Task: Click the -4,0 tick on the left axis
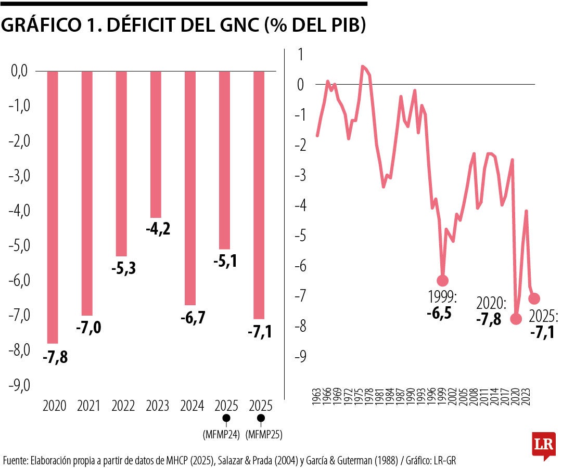pyautogui.click(x=20, y=211)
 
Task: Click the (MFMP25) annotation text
pyautogui.click(x=261, y=435)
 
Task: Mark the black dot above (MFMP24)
pyautogui.click(x=225, y=418)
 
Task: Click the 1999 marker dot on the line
pyautogui.click(x=443, y=281)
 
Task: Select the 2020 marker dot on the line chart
pyautogui.click(x=516, y=319)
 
